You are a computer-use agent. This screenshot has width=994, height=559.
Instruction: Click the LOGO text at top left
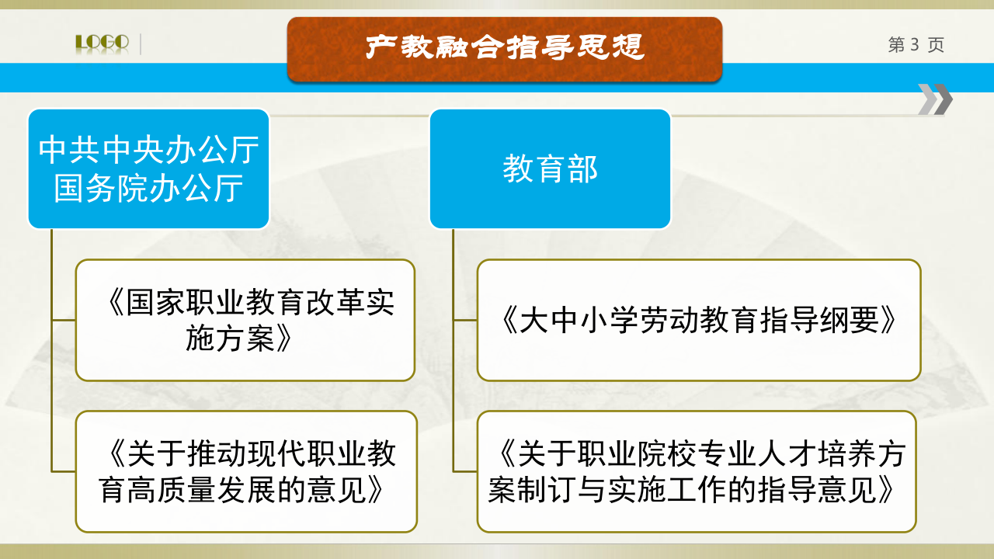click(x=102, y=43)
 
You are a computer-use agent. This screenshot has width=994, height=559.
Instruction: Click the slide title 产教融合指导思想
click(x=505, y=47)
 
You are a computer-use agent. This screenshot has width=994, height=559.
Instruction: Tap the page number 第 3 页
click(x=916, y=44)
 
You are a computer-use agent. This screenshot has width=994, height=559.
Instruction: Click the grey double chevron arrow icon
click(x=935, y=99)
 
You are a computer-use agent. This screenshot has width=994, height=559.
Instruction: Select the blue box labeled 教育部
click(x=551, y=169)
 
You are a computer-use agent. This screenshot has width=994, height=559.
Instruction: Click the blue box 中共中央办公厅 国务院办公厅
click(x=148, y=169)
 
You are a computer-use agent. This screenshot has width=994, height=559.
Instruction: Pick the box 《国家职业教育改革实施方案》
click(x=245, y=321)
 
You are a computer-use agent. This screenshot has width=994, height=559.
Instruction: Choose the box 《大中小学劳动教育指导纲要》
click(x=699, y=321)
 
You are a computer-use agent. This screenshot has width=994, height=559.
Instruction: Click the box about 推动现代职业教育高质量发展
click(x=246, y=471)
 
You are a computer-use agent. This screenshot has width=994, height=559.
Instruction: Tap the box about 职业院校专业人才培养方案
click(x=697, y=471)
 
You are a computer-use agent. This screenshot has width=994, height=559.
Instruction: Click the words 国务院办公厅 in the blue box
click(x=148, y=188)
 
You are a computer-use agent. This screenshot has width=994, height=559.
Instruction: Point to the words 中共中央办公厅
click(x=148, y=150)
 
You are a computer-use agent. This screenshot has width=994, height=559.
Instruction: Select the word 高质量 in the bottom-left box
click(x=172, y=490)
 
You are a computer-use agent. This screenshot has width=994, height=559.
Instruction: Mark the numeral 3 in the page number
click(x=915, y=44)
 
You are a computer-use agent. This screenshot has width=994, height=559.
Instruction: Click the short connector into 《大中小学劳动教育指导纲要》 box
click(x=465, y=320)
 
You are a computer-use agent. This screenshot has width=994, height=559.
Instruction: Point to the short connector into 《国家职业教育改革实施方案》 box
click(x=64, y=320)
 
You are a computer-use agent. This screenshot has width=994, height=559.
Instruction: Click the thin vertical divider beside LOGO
click(x=141, y=44)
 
